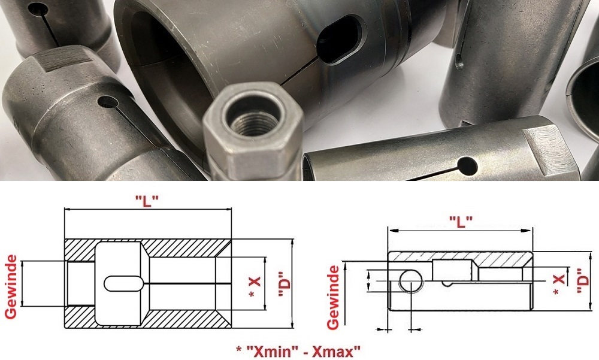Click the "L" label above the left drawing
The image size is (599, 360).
[x=147, y=201]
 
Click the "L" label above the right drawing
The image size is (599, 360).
[x=461, y=221]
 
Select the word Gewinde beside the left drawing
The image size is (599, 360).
[x=11, y=287]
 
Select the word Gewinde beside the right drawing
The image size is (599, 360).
[x=333, y=297]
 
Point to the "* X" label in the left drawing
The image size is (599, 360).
[x=254, y=287]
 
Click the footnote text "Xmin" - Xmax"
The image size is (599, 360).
[x=298, y=350]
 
